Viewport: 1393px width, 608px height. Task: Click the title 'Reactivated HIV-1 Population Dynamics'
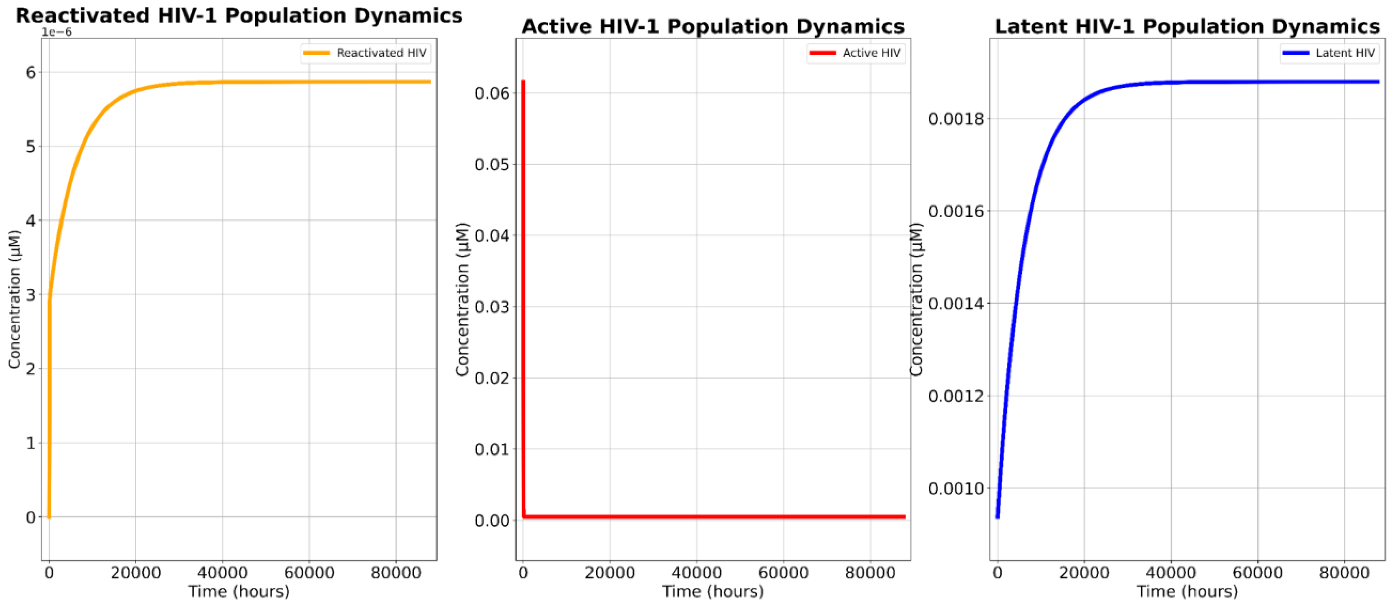coord(239,15)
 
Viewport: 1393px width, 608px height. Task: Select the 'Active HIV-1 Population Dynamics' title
coord(713,26)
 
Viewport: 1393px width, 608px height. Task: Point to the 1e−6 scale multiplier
coord(57,32)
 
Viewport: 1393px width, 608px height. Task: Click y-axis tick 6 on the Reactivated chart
coord(31,73)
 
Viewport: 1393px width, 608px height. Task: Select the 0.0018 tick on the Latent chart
coord(956,119)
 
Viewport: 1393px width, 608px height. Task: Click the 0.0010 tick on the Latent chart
coord(956,489)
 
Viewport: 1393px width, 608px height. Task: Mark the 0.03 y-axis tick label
coord(492,307)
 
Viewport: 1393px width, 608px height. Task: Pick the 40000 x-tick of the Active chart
coord(696,573)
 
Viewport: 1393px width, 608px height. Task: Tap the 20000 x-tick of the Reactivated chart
coord(136,573)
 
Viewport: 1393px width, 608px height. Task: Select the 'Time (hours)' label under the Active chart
coord(713,591)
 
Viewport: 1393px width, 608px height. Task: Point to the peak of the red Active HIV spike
coord(523,82)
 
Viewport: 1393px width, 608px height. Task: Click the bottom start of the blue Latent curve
coord(998,517)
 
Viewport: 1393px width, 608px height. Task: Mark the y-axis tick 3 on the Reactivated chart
coord(31,295)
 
